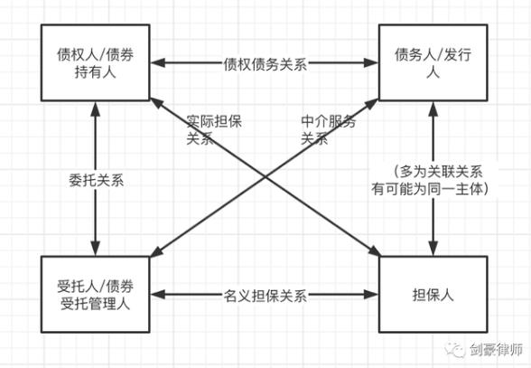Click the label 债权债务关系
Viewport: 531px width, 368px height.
click(265, 64)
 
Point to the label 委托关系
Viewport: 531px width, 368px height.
click(96, 180)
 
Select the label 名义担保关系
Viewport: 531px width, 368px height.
click(265, 296)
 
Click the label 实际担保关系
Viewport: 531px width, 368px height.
click(214, 130)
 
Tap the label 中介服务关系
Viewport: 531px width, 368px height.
click(328, 130)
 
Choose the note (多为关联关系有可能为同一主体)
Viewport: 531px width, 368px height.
click(431, 181)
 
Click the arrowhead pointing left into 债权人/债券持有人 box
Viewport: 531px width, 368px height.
click(158, 62)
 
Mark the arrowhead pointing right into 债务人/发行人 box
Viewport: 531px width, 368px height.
click(371, 62)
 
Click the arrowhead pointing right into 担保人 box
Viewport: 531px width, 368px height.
click(371, 295)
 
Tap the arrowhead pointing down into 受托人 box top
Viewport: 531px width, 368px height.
click(96, 249)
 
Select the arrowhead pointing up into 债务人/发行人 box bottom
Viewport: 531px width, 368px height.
click(433, 109)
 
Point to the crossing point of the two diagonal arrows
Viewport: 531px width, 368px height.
click(265, 176)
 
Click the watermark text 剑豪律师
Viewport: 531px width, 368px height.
click(496, 349)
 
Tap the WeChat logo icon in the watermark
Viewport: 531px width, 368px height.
click(455, 350)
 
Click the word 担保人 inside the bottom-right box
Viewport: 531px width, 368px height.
click(433, 295)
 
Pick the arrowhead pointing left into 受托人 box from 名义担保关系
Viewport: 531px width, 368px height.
click(158, 295)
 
